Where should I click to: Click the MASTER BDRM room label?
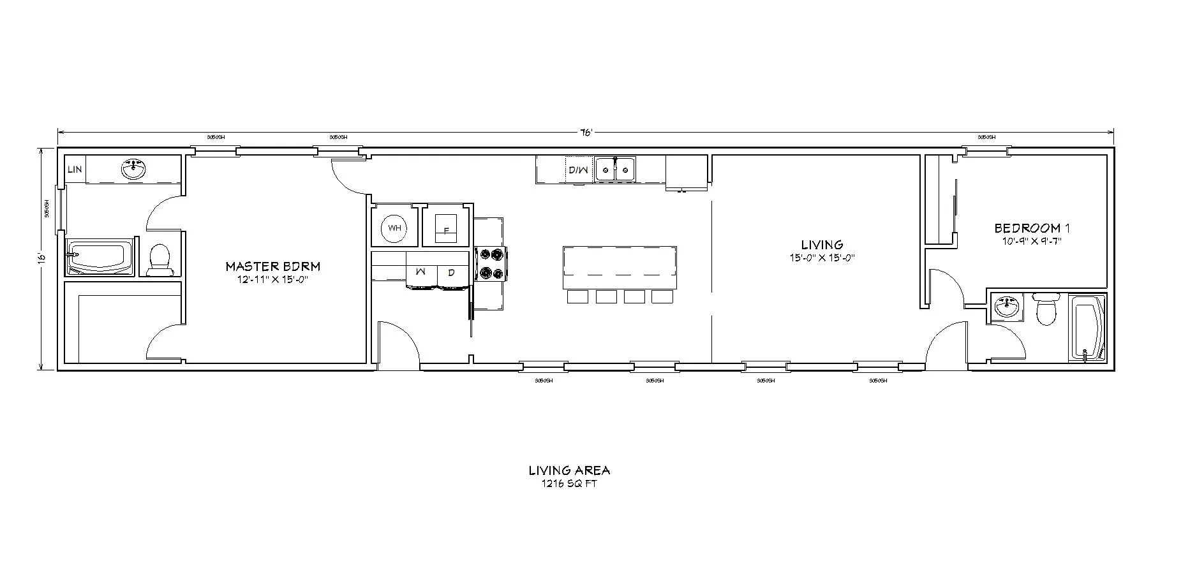(x=272, y=266)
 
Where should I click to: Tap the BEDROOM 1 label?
(x=1032, y=228)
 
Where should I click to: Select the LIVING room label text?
(x=822, y=245)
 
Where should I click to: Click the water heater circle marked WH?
(x=394, y=228)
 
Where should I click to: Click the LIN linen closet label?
(x=75, y=170)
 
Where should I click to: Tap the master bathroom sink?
(x=134, y=170)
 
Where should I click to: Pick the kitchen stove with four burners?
(x=492, y=264)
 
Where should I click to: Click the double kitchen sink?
(x=615, y=169)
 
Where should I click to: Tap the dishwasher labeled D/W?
(x=577, y=170)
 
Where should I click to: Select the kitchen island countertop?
(x=619, y=266)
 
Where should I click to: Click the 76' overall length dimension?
(x=586, y=133)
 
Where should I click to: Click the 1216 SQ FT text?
(x=569, y=483)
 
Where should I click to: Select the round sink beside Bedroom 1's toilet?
(x=1008, y=307)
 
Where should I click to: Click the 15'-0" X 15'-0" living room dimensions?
(x=821, y=258)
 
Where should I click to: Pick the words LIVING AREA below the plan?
(x=569, y=470)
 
